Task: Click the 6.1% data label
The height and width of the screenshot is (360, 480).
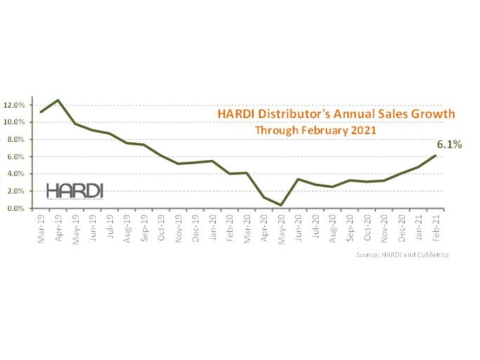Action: point(449,144)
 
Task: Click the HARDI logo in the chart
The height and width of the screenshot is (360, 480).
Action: point(74,190)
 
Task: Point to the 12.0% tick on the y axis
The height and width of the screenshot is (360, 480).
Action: point(16,105)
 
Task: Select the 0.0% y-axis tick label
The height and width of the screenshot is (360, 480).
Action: point(17,208)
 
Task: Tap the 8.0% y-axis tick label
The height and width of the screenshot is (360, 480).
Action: point(17,139)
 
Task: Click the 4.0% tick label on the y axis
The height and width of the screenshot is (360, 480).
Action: point(17,174)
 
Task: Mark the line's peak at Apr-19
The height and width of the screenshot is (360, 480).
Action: point(58,100)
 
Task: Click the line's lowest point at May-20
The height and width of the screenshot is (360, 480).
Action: point(281,205)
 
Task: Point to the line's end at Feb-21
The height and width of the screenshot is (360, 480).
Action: point(435,155)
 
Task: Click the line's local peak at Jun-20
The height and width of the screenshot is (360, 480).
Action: point(298,179)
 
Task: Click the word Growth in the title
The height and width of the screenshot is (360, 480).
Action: point(433,113)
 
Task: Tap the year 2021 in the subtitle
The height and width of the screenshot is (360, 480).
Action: point(364,130)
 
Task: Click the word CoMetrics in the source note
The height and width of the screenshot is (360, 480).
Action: point(432,255)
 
